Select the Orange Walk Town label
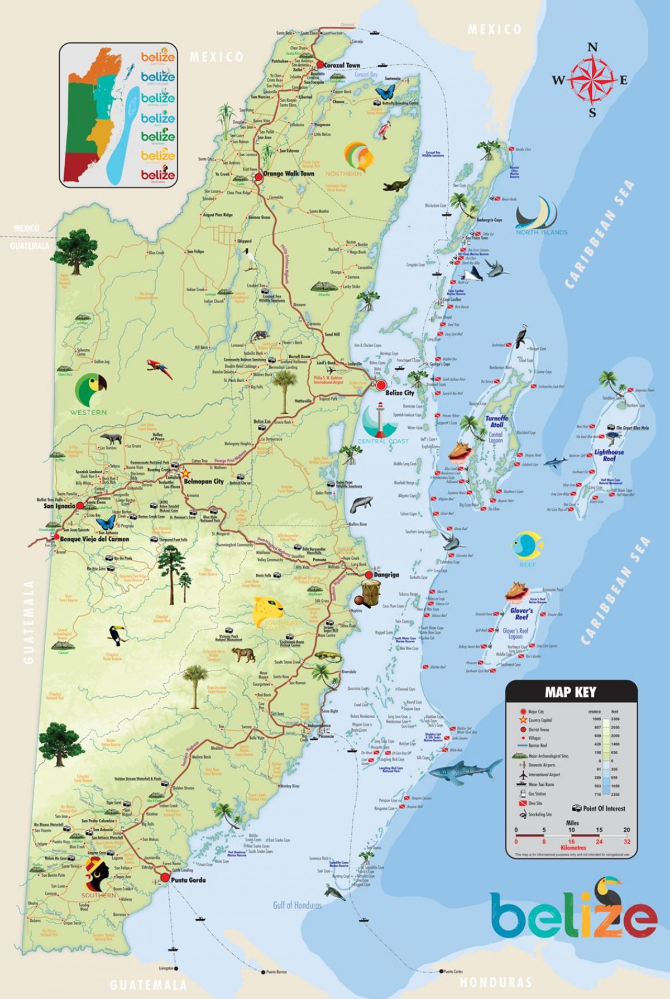[x=288, y=174]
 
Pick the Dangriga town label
[x=387, y=575]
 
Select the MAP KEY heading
[x=571, y=693]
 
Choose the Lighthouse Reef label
[x=609, y=455]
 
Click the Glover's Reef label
[x=521, y=614]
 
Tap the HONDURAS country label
[x=495, y=982]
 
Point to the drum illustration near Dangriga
[x=369, y=591]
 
